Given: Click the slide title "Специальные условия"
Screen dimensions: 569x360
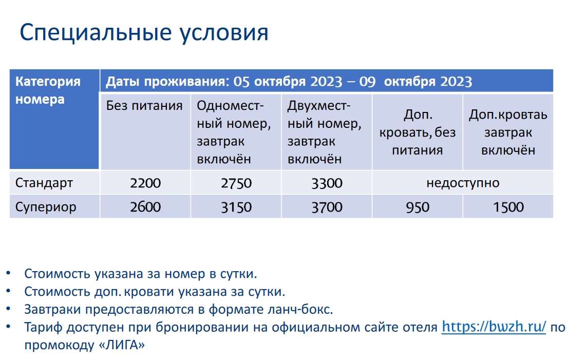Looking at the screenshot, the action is [144, 33].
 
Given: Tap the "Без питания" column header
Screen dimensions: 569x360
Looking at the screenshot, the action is [144, 106].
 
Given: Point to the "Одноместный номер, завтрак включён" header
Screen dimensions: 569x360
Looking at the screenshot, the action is [234, 132].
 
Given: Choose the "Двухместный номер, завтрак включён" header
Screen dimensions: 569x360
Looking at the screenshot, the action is [325, 132].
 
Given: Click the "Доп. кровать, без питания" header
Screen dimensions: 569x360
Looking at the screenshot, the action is [418, 132].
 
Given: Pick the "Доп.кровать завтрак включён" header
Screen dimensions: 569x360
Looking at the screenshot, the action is [508, 132].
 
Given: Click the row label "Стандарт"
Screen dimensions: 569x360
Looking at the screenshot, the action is [44, 183].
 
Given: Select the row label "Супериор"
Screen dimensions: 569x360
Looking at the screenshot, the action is [46, 207].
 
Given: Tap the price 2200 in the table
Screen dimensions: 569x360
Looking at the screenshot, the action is [145, 183].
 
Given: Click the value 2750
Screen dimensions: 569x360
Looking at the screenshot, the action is [236, 183].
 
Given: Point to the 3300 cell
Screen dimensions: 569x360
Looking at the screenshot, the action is [327, 183].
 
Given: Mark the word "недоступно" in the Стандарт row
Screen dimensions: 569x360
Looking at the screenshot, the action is [463, 183].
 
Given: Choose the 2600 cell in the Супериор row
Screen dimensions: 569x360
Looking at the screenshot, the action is [145, 207].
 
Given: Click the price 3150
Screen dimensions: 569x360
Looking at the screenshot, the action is [236, 207].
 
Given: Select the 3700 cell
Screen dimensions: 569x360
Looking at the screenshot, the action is [327, 207].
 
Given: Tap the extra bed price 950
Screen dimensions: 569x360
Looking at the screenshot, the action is [418, 207].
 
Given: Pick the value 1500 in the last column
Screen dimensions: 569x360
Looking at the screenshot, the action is [508, 207].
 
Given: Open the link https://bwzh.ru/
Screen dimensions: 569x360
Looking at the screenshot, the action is [494, 327].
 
